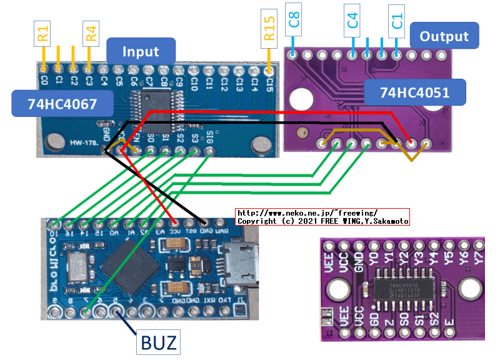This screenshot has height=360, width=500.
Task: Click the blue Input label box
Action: (141, 51)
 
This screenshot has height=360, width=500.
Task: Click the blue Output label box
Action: (444, 36)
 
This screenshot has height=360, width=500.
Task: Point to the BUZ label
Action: (158, 342)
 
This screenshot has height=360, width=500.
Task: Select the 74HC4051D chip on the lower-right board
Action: (406, 289)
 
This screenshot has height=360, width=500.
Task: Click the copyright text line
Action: (322, 221)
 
